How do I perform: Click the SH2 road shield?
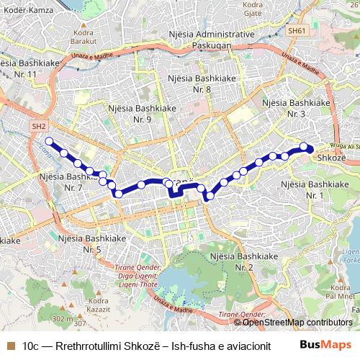click(x=37, y=125)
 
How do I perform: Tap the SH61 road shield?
click(x=297, y=31)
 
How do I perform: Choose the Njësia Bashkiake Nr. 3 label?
click(x=296, y=108)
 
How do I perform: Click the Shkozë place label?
click(x=331, y=158)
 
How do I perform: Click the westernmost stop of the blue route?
click(x=50, y=141)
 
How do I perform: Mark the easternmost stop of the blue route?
click(x=310, y=149)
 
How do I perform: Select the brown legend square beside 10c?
click(x=10, y=346)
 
